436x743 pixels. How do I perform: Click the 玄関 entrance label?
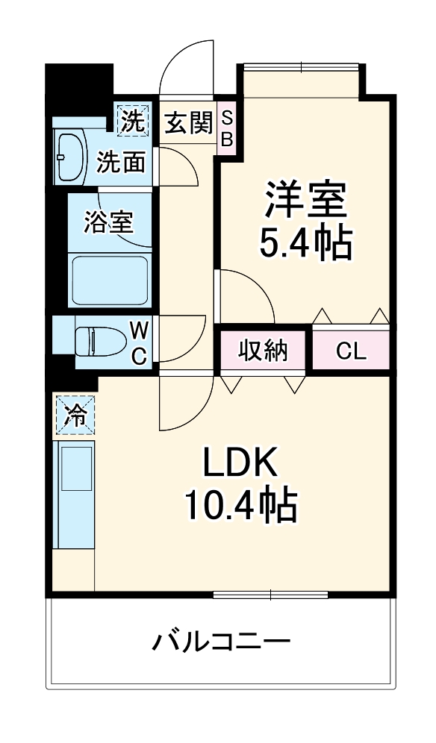click(188, 122)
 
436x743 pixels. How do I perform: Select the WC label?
click(140, 342)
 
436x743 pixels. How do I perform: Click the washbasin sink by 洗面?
click(72, 157)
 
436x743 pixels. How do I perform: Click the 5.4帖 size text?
click(305, 242)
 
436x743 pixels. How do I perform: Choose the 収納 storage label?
click(263, 351)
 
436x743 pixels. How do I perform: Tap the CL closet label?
click(351, 351)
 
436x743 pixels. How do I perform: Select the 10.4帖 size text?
click(241, 507)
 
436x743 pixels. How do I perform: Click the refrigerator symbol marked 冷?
click(74, 414)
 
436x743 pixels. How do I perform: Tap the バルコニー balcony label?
click(222, 641)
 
